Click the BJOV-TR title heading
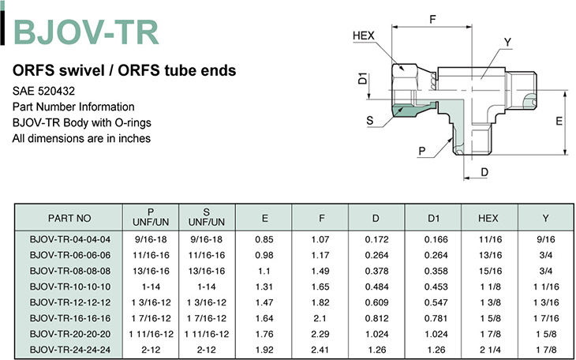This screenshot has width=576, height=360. pyautogui.click(x=86, y=32)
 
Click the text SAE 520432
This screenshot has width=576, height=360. pyautogui.click(x=43, y=91)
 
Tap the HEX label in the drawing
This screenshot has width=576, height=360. pyautogui.click(x=363, y=36)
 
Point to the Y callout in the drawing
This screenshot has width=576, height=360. pyautogui.click(x=507, y=43)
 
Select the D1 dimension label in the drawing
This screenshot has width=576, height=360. pyautogui.click(x=363, y=78)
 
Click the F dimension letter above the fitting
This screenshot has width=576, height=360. pyautogui.click(x=432, y=19)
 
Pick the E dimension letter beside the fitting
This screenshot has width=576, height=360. pyautogui.click(x=559, y=121)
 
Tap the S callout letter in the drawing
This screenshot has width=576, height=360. pyautogui.click(x=370, y=120)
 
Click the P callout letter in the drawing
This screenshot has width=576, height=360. pyautogui.click(x=422, y=151)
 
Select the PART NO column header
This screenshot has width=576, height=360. pyautogui.click(x=69, y=218)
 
